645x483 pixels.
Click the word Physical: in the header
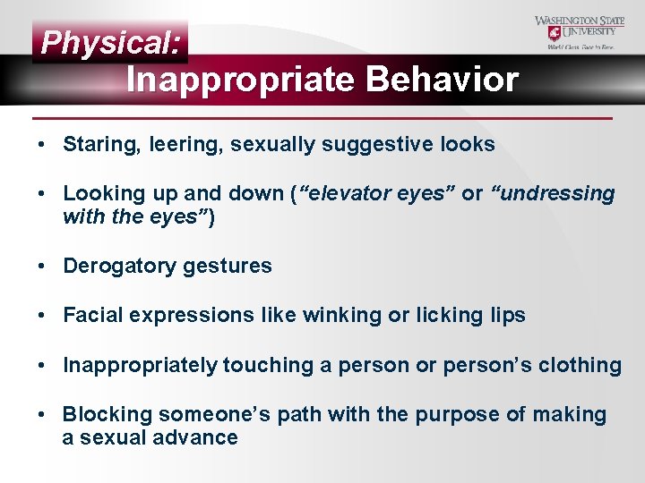point(111,42)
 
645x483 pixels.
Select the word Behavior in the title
point(442,80)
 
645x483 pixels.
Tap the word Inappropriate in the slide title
point(241,80)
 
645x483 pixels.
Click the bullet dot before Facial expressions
point(43,316)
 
